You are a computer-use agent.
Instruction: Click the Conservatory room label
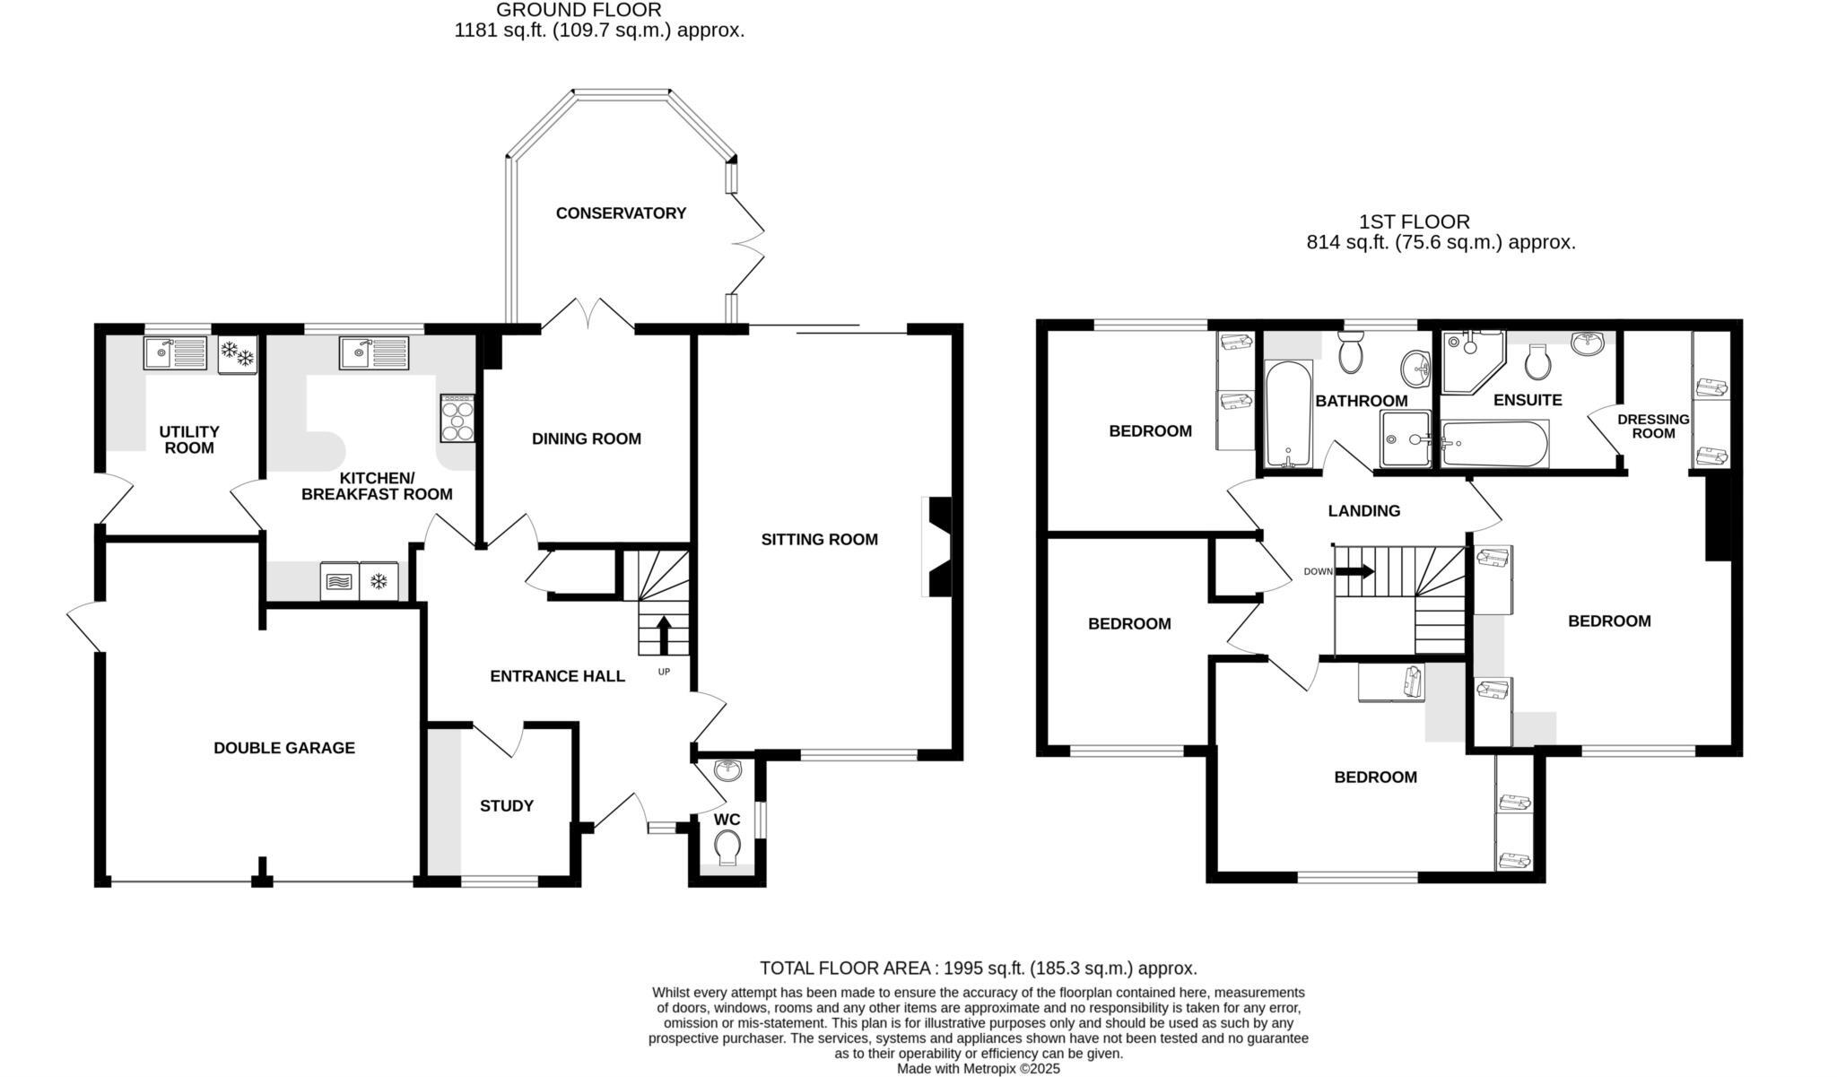click(621, 213)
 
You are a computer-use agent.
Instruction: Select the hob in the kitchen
click(457, 419)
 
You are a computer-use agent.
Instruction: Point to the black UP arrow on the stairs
click(664, 634)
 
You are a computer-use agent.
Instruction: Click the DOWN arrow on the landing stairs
click(1356, 571)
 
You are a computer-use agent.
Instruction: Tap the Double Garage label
click(283, 748)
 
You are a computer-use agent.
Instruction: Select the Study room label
click(506, 806)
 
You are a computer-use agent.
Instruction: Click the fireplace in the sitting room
click(938, 546)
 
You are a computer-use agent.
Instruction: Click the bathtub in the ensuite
click(1493, 444)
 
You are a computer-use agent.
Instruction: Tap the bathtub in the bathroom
click(1288, 413)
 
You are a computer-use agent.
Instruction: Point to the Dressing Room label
click(1653, 426)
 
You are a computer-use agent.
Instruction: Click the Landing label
click(1363, 511)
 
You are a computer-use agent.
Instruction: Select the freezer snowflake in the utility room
click(238, 353)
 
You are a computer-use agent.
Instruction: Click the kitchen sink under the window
click(373, 352)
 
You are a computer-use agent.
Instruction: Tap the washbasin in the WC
click(728, 769)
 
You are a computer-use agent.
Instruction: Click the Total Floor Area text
click(978, 968)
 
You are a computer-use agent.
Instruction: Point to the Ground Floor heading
click(579, 11)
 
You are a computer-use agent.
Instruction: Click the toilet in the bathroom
click(1350, 354)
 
